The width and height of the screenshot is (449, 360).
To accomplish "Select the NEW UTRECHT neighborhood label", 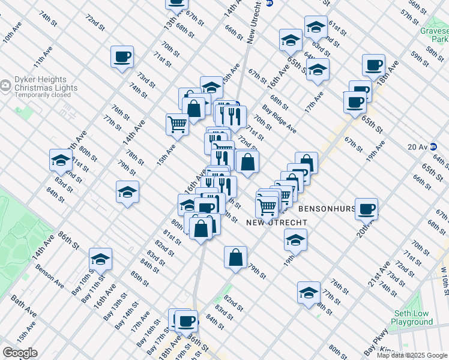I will coord(277,223).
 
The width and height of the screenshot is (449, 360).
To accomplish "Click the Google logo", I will coord(20,353).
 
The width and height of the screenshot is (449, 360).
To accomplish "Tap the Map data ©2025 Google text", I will coord(412,355).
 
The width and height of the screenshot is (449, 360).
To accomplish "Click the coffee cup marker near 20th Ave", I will coord(366,208).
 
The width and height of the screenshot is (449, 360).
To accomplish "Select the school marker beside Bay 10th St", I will coord(100,259).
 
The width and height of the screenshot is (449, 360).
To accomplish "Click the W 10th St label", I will coord(444,276).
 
